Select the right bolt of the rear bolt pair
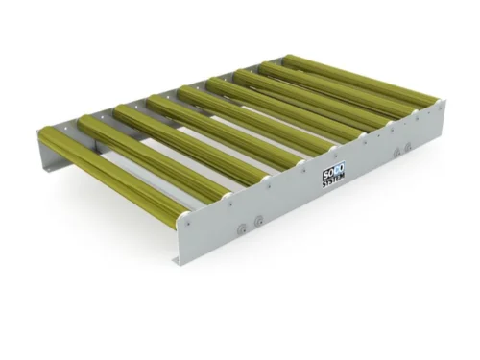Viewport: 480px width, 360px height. pos(408,146)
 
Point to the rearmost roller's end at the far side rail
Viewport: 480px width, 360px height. pos(288,60)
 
